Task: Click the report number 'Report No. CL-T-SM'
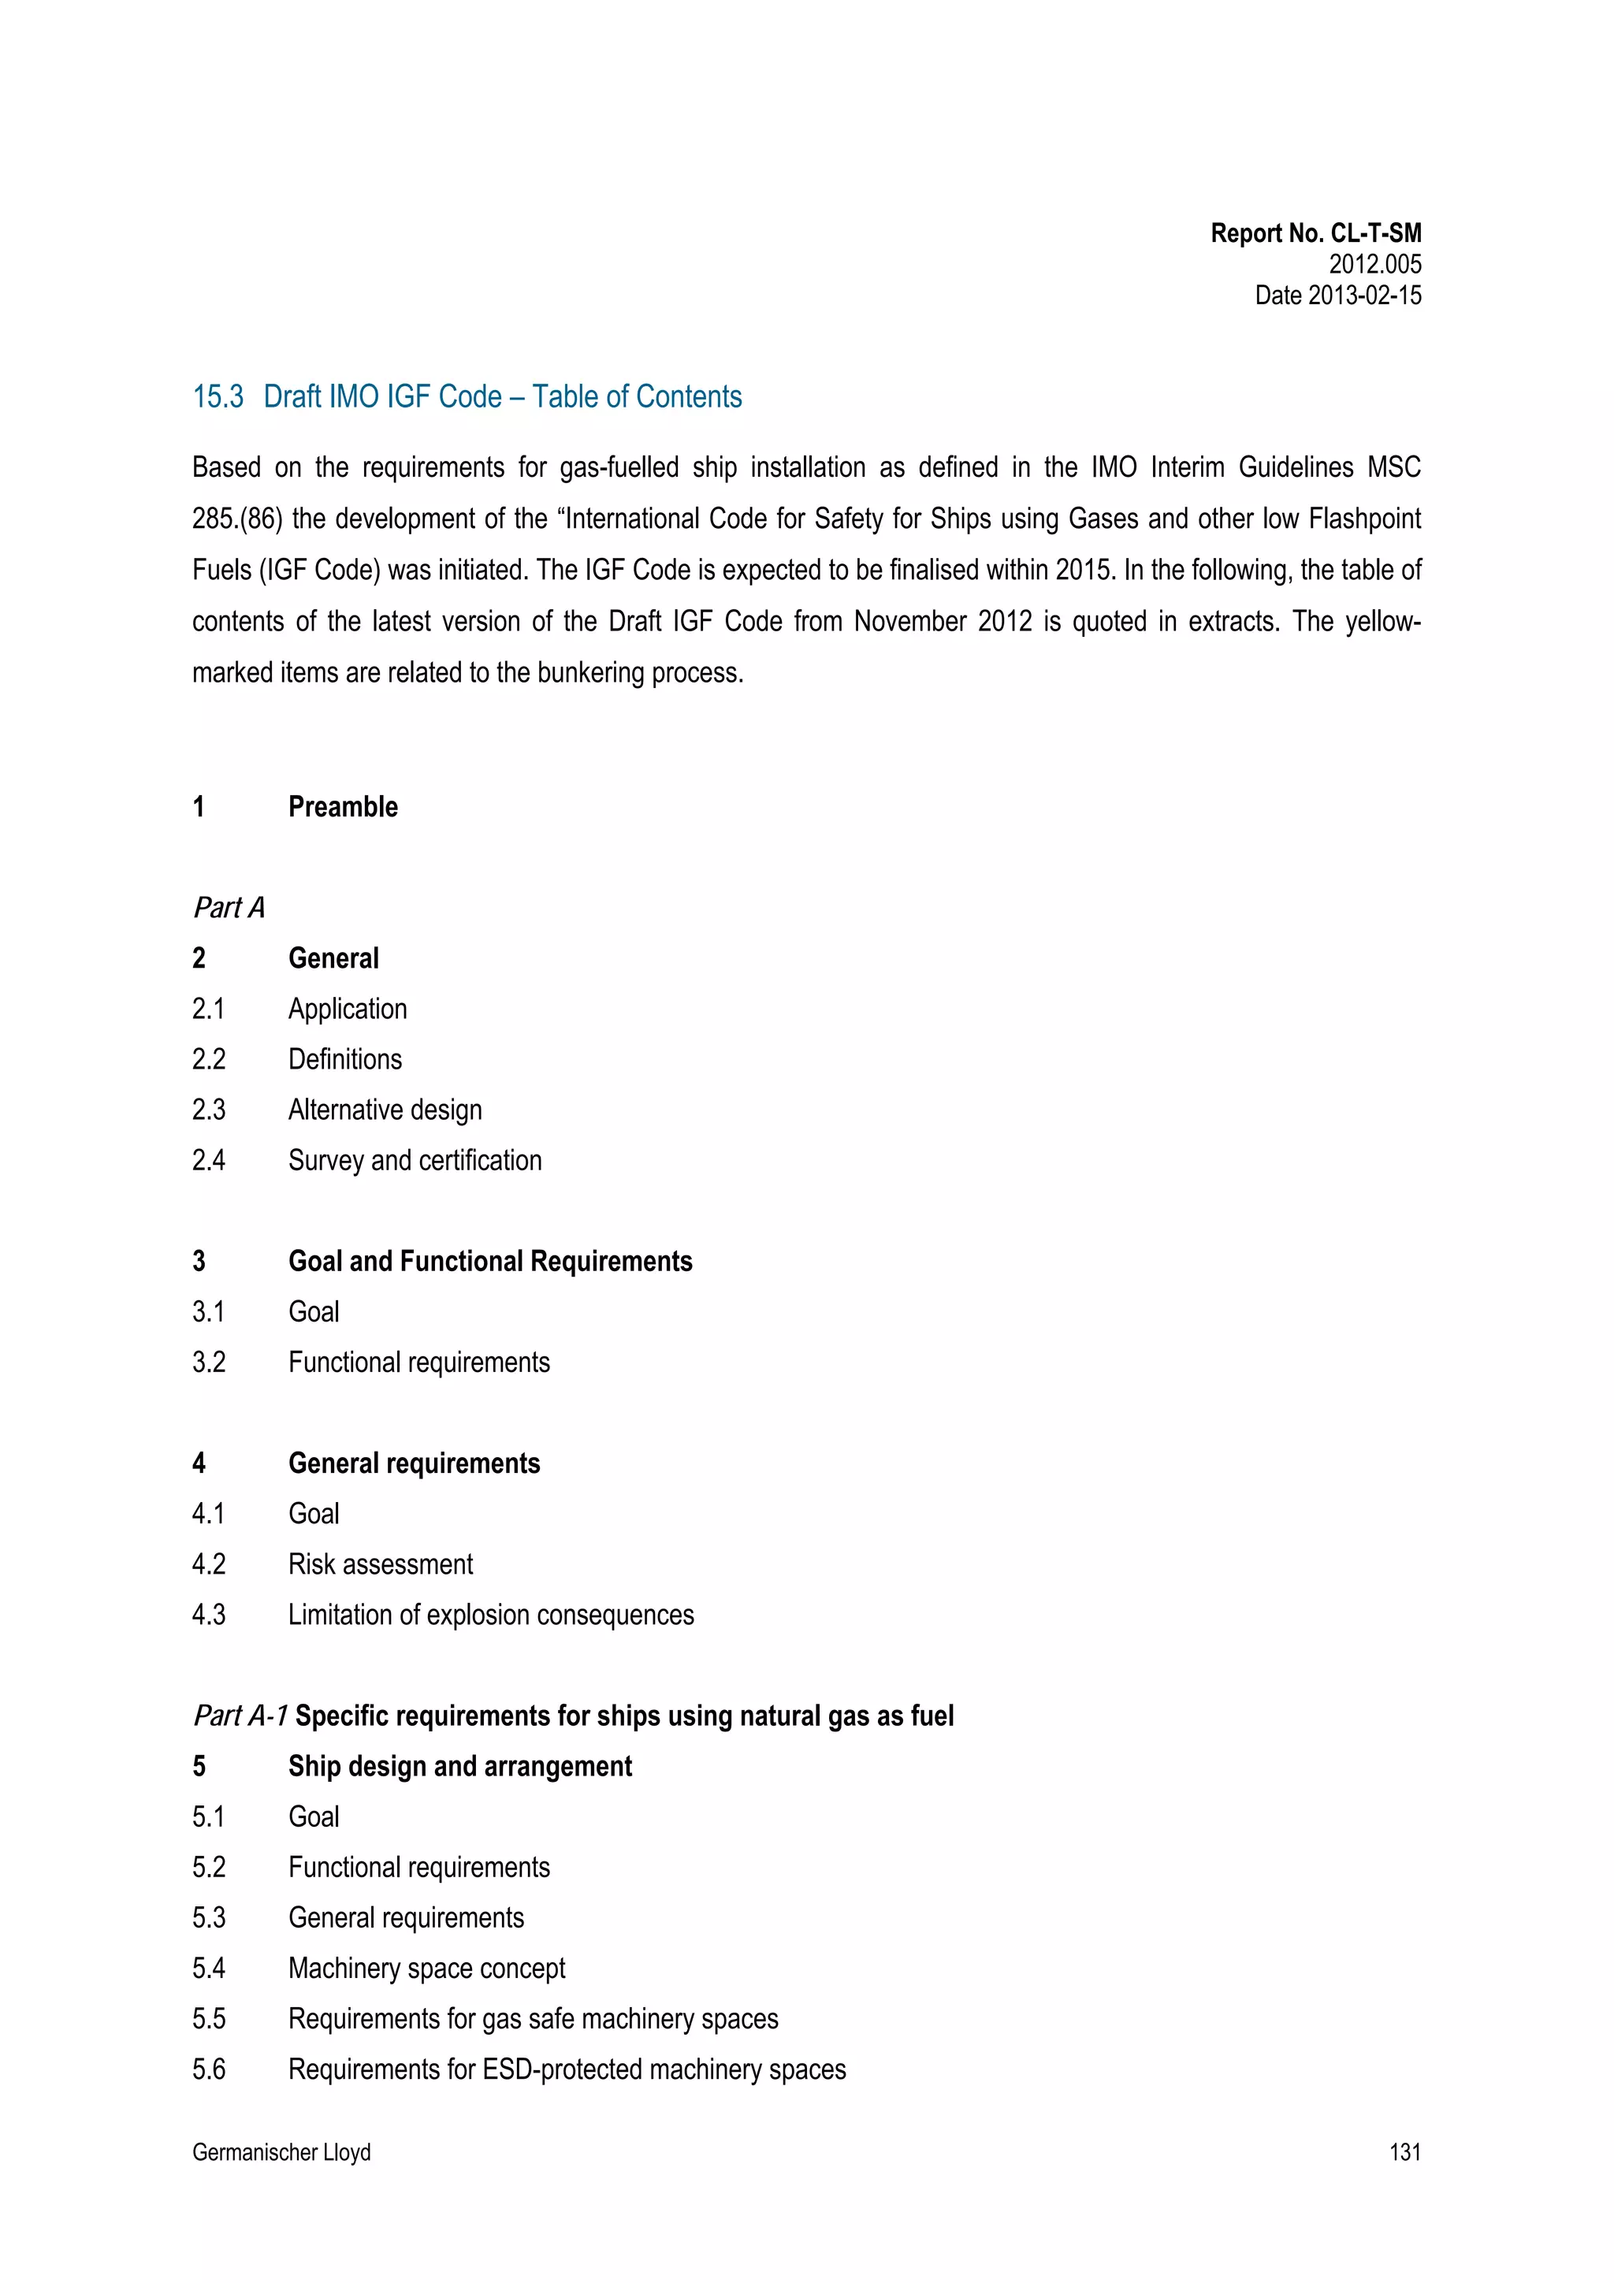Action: (1315, 234)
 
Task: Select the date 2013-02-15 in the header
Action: (1364, 296)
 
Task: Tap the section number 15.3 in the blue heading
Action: (218, 396)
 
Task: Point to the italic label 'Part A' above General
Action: (229, 908)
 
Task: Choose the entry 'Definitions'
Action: (345, 1059)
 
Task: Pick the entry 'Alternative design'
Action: (385, 1110)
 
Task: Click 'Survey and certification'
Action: (415, 1160)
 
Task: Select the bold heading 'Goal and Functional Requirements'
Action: (490, 1261)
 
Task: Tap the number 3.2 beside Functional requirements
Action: (209, 1363)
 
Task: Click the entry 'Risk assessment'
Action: (381, 1564)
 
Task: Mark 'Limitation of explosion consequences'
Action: (491, 1615)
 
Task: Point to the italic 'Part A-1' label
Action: (240, 1716)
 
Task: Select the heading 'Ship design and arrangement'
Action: (460, 1766)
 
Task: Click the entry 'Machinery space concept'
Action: (426, 1968)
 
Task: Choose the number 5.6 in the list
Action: (209, 2069)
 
